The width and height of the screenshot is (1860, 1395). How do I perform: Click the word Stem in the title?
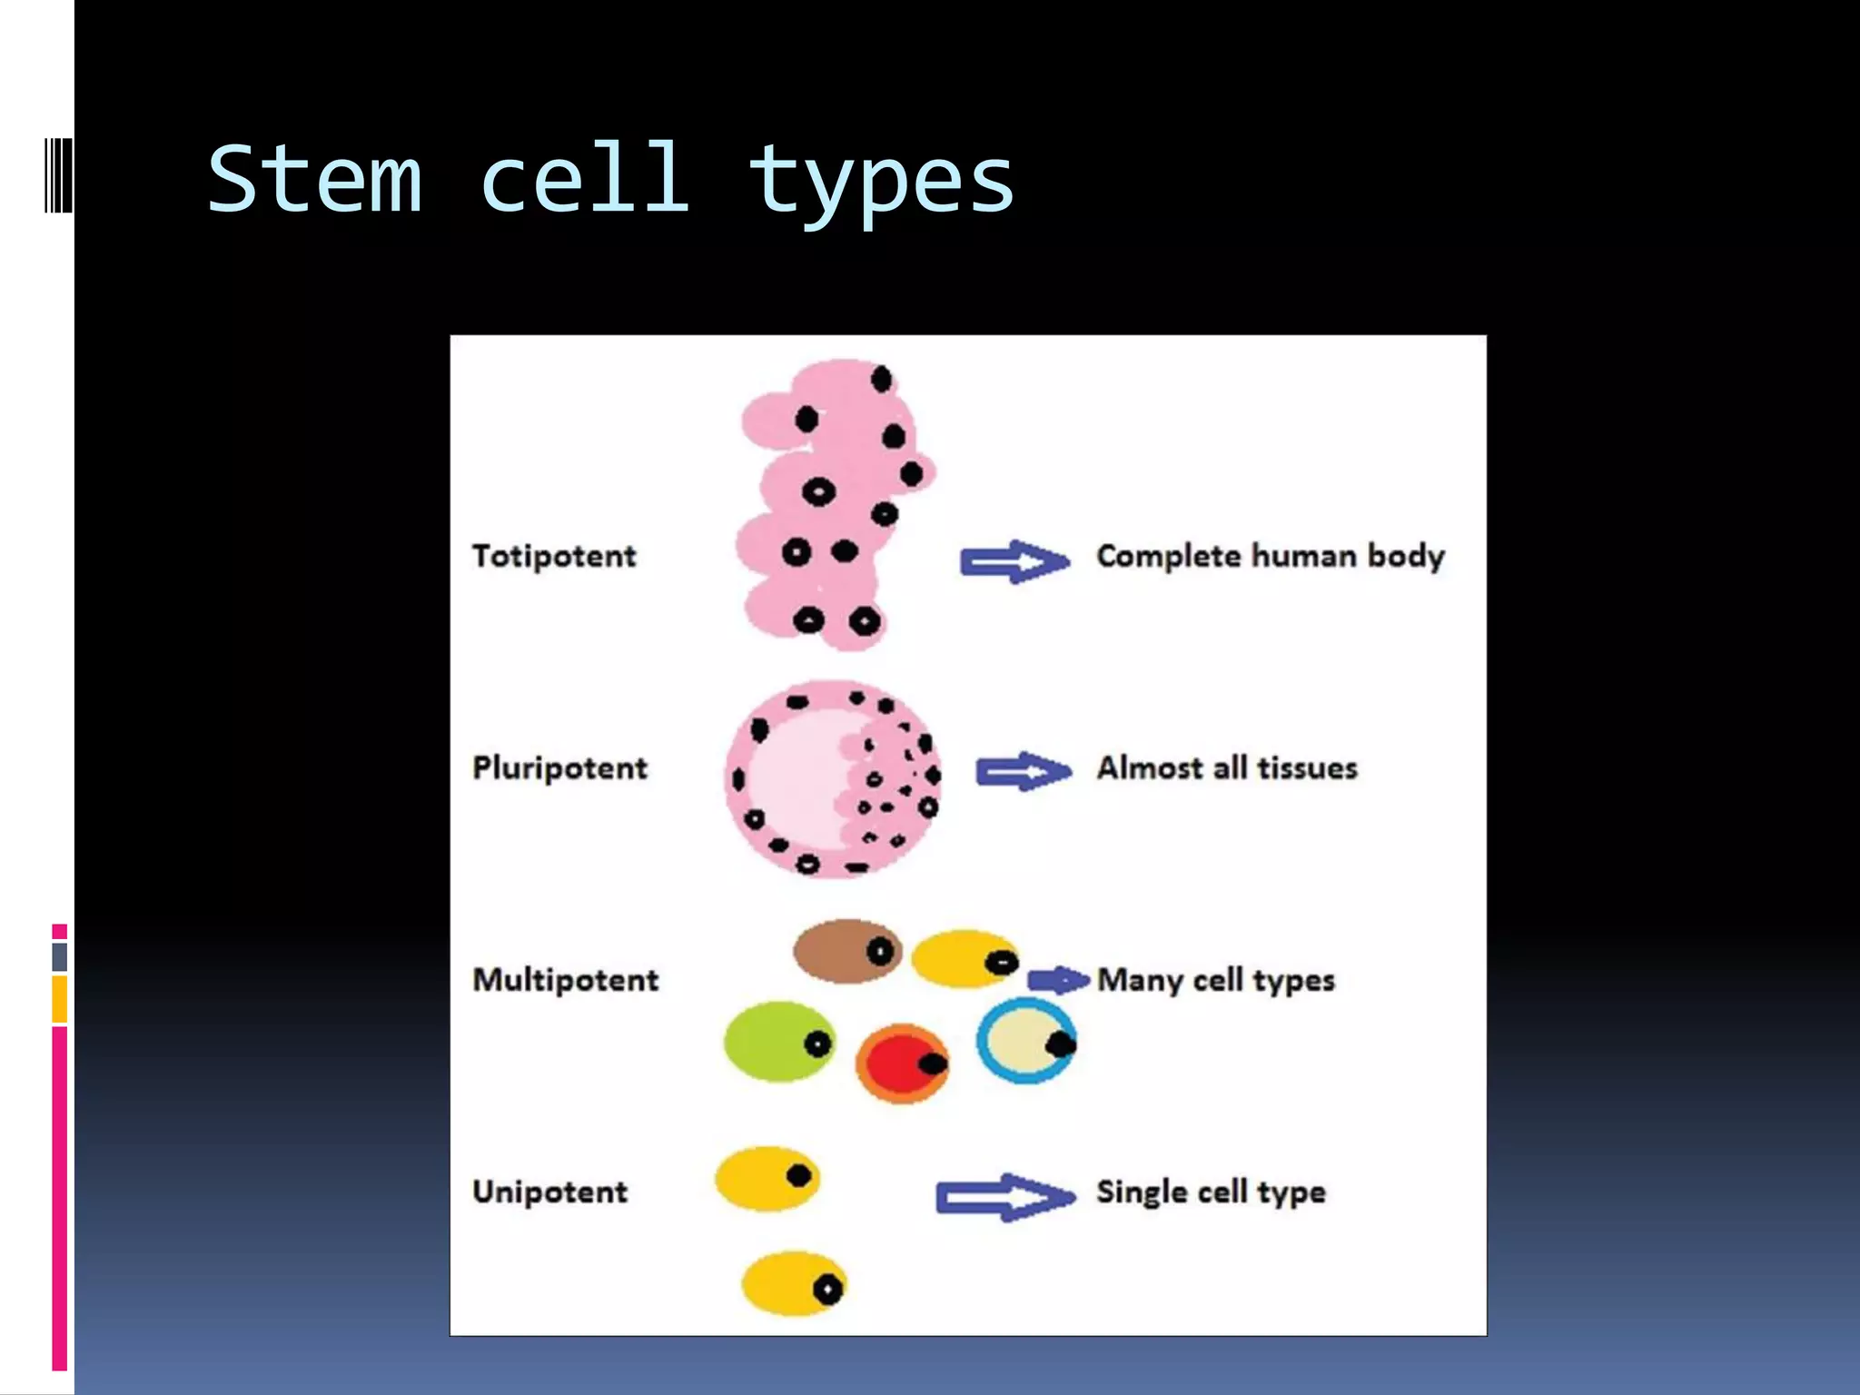pyautogui.click(x=315, y=179)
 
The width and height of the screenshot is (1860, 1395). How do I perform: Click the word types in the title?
pyautogui.click(x=880, y=182)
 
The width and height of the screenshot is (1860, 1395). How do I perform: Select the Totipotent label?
pyautogui.click(x=554, y=556)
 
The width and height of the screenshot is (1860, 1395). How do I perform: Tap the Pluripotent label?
pyautogui.click(x=559, y=768)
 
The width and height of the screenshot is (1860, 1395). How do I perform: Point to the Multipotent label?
pyautogui.click(x=565, y=980)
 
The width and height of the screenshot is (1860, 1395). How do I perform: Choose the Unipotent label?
pyautogui.click(x=549, y=1192)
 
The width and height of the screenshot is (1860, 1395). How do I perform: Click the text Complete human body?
pyautogui.click(x=1270, y=556)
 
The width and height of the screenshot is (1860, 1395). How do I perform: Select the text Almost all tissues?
pyautogui.click(x=1227, y=768)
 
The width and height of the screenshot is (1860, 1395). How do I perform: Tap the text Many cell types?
pyautogui.click(x=1216, y=980)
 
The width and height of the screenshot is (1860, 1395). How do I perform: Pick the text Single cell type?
pyautogui.click(x=1211, y=1192)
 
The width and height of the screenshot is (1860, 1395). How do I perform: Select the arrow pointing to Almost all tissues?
pyautogui.click(x=1023, y=772)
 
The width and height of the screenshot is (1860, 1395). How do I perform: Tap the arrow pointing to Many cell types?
pyautogui.click(x=1057, y=980)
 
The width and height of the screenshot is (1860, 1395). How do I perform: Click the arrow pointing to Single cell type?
pyautogui.click(x=1004, y=1197)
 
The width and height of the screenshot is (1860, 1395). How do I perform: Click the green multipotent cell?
pyautogui.click(x=779, y=1043)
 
